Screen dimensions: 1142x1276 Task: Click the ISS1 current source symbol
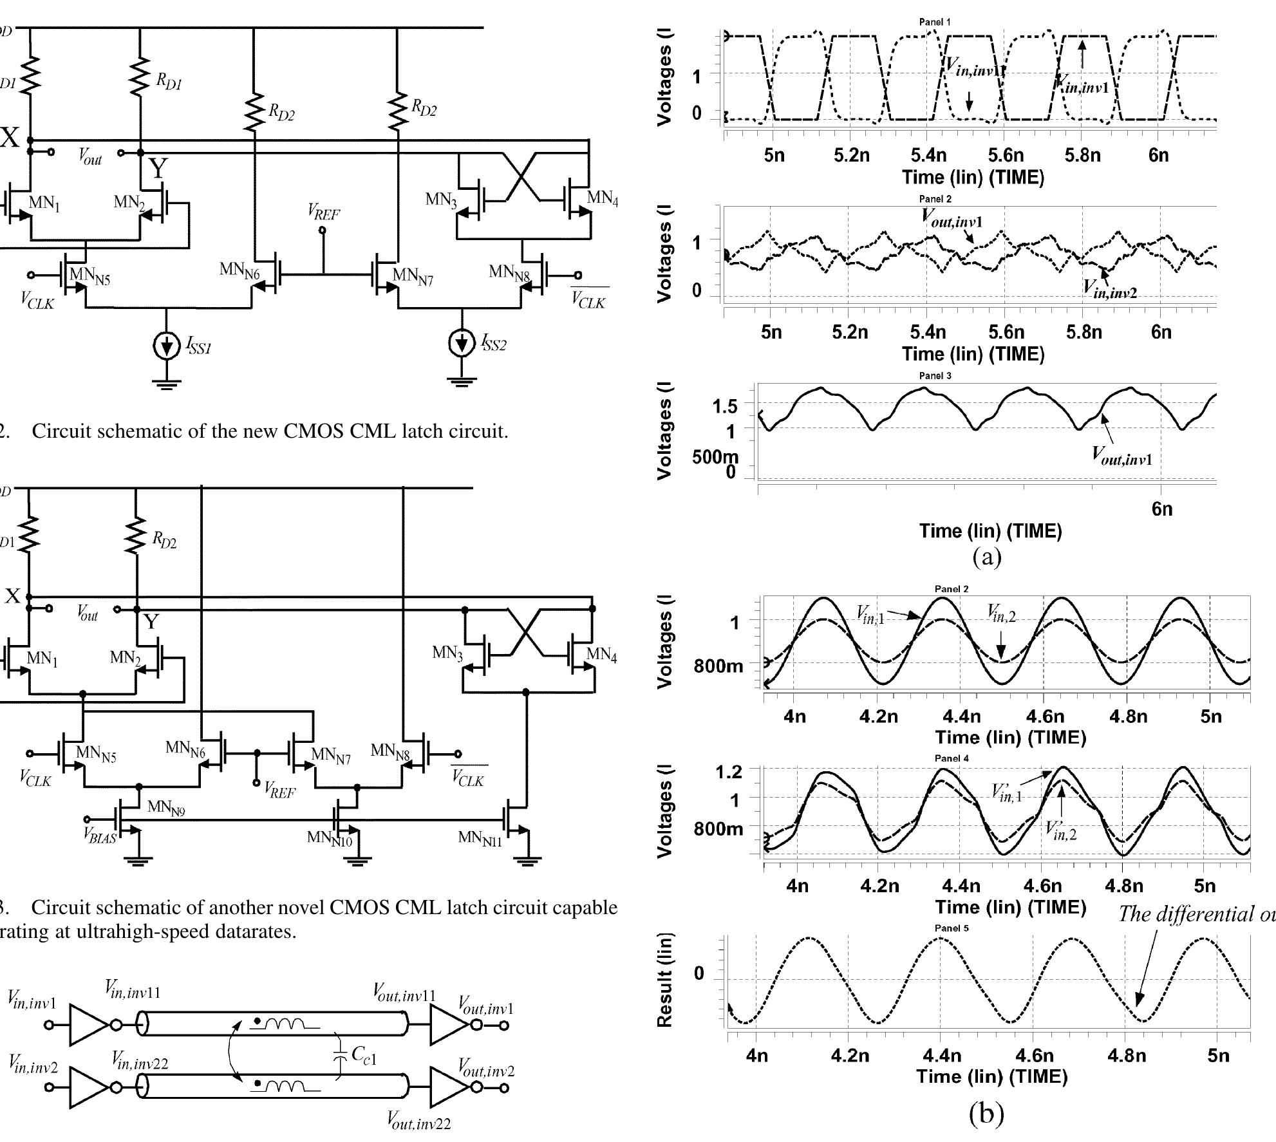click(x=167, y=347)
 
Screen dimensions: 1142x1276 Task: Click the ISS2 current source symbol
click(x=462, y=344)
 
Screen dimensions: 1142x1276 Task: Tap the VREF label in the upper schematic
click(x=323, y=212)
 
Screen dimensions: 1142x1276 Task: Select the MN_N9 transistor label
click(x=166, y=807)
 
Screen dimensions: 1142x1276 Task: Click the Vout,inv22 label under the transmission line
click(x=418, y=1121)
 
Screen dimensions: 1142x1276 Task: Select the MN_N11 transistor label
click(x=480, y=838)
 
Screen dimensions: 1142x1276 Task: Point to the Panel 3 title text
click(x=935, y=376)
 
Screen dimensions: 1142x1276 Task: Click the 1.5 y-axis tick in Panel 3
click(x=724, y=407)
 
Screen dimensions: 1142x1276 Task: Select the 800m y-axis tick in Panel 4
click(x=718, y=828)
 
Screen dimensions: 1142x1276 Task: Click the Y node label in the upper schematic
click(x=158, y=168)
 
